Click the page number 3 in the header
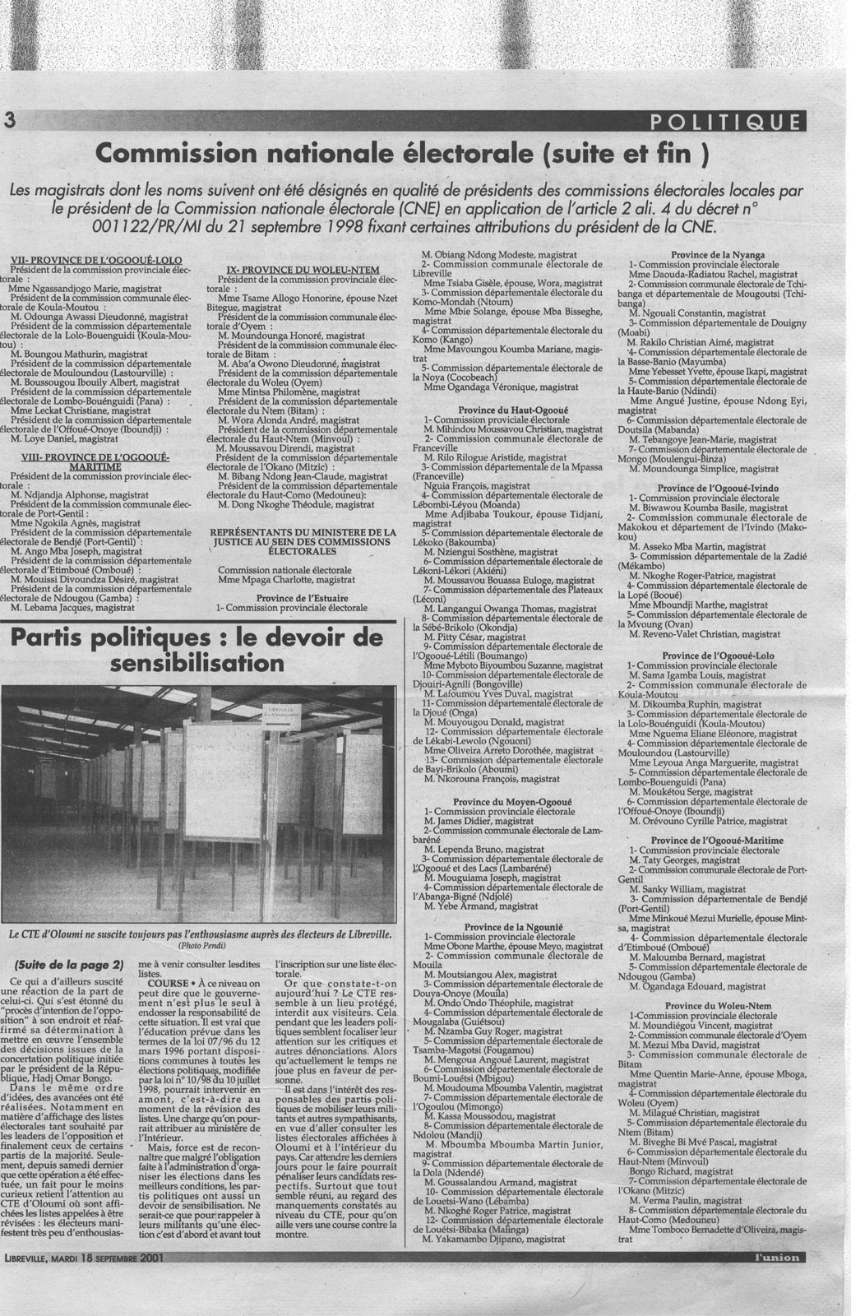[10, 120]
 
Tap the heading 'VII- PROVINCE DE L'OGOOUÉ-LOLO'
[99, 261]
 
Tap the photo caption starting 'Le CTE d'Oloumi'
[200, 936]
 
